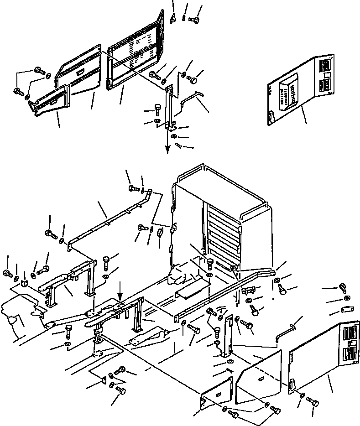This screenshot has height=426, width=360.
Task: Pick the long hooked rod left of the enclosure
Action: coord(108,222)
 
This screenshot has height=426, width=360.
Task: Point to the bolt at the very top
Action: coord(194,20)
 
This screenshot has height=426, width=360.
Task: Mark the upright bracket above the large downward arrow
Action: coord(170,107)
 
